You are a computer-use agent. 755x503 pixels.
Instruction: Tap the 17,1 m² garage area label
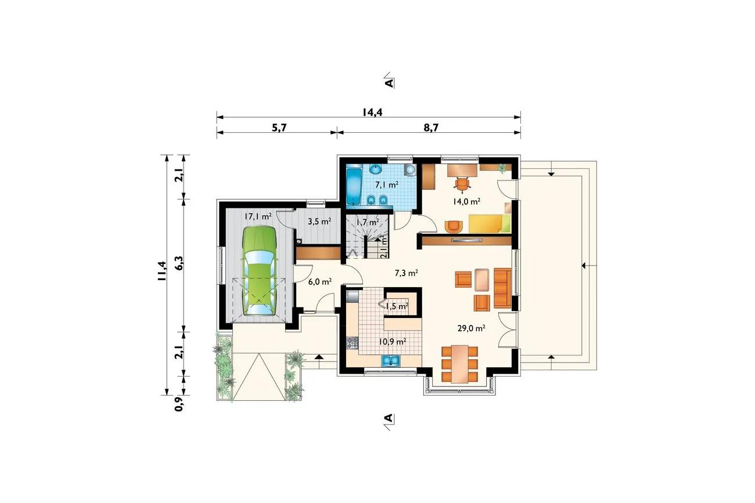(258, 217)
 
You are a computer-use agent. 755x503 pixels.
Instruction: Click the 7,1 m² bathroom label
(387, 185)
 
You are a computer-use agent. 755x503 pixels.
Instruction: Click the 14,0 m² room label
(466, 202)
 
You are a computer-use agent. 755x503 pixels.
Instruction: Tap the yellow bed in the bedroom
(490, 223)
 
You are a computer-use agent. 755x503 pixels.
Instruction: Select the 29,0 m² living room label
(471, 328)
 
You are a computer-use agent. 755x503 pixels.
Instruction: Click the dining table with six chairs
(459, 364)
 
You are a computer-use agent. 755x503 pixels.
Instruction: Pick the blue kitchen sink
(391, 361)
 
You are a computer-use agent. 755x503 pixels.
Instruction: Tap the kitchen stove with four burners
(353, 343)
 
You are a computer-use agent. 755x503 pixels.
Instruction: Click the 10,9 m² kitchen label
(393, 342)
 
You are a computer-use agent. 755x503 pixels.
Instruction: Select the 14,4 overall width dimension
(372, 112)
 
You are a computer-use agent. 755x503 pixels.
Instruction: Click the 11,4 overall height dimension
(162, 271)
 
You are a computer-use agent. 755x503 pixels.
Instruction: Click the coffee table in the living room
(481, 280)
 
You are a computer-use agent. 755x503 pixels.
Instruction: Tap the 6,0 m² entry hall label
(320, 281)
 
